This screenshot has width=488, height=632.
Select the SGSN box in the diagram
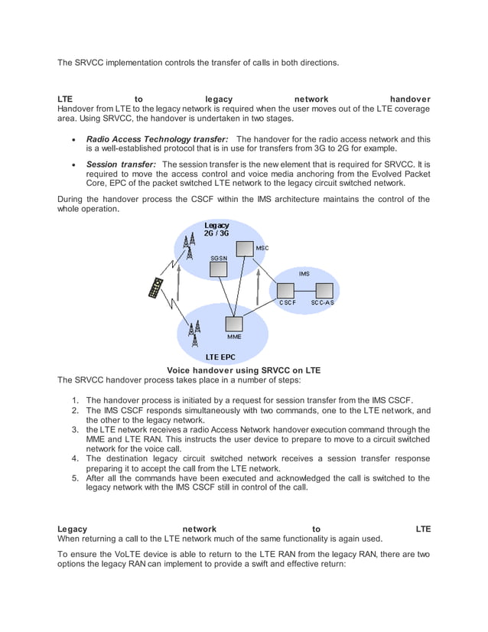pyautogui.click(x=219, y=272)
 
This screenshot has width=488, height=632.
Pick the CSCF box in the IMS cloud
pyautogui.click(x=286, y=291)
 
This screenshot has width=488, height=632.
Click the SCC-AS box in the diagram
pyautogui.click(x=324, y=291)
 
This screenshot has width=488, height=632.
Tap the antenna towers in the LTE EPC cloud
pyautogui.click(x=194, y=333)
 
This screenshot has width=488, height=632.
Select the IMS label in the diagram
pyautogui.click(x=304, y=273)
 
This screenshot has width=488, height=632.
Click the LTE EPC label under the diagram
pyautogui.click(x=220, y=357)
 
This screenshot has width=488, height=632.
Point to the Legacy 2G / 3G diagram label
pyautogui.click(x=216, y=229)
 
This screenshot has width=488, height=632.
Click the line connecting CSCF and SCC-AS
pyautogui.click(x=305, y=291)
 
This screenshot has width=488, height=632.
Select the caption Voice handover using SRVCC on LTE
pyautogui.click(x=244, y=370)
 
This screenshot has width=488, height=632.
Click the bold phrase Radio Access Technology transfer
pyautogui.click(x=157, y=139)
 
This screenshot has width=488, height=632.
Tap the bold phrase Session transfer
pyautogui.click(x=121, y=164)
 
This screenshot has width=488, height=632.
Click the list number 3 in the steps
pyautogui.click(x=76, y=430)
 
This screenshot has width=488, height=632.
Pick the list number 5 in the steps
pyautogui.click(x=76, y=478)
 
